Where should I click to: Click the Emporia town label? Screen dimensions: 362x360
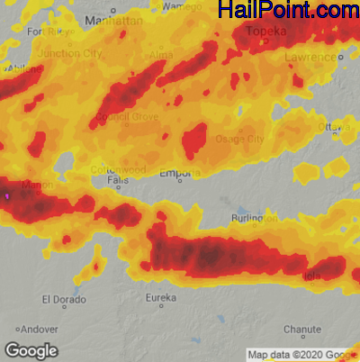[180, 173]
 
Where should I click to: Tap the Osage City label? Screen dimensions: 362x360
[240, 139]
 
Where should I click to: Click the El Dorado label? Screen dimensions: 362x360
[65, 299]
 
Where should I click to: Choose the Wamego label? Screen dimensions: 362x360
[183, 6]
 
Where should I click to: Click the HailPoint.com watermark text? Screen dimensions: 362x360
[287, 11]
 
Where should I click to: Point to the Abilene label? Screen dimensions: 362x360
[24, 68]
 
